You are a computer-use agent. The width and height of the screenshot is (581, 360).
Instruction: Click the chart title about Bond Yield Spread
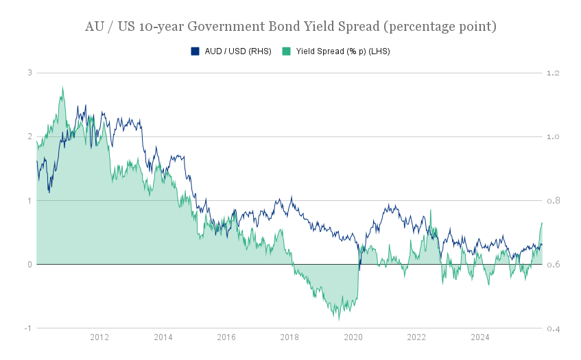click(290, 27)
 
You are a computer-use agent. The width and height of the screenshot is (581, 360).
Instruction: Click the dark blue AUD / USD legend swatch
click(195, 51)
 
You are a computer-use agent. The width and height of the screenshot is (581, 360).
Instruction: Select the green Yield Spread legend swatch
click(286, 51)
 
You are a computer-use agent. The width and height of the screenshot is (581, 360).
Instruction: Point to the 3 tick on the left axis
click(29, 73)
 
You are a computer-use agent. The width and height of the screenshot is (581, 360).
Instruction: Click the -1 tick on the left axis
click(28, 328)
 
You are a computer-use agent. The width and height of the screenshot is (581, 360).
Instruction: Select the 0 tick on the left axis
click(29, 265)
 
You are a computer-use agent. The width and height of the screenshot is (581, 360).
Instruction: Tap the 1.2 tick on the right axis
click(553, 73)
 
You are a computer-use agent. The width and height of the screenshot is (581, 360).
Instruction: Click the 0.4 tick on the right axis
click(553, 328)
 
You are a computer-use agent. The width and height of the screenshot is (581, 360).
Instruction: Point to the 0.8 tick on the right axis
click(553, 201)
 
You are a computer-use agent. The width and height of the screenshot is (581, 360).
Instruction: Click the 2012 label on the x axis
click(99, 337)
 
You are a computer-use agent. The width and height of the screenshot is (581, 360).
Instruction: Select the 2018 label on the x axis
click(289, 337)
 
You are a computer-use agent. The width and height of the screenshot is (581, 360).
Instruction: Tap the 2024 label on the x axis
click(479, 337)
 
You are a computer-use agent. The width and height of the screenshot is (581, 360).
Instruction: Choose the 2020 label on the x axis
click(353, 337)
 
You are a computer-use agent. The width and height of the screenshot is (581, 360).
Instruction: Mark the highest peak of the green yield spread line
click(62, 87)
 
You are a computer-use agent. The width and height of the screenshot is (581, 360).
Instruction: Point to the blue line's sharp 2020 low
click(359, 269)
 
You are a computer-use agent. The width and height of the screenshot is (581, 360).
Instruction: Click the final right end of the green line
click(542, 222)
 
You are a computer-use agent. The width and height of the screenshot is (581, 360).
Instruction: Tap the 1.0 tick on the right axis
click(553, 137)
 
